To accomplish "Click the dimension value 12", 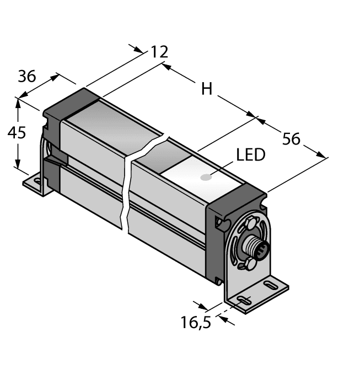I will tap(159, 52).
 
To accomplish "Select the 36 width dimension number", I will tap(27, 77).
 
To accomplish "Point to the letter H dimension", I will tap(206, 88).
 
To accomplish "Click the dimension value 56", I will tap(291, 138).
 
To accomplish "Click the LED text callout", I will tap(251, 155).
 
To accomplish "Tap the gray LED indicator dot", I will tap(206, 178).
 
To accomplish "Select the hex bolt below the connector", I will tap(249, 266).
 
